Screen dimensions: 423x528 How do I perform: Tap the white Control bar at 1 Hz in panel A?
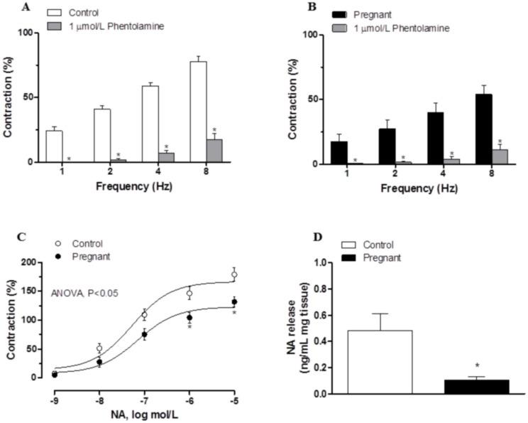click(x=54, y=146)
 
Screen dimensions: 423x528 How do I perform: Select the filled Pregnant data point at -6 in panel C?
click(x=189, y=318)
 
